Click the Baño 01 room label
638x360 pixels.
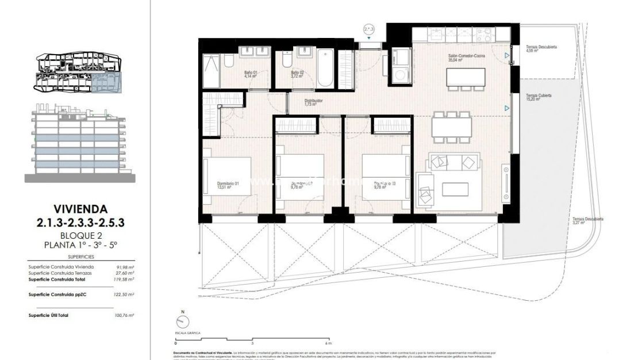click(x=250, y=73)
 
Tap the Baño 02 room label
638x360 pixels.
click(x=296, y=73)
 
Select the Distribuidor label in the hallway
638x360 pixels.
click(x=313, y=102)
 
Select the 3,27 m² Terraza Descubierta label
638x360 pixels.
click(x=587, y=222)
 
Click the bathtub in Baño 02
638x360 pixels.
click(x=325, y=69)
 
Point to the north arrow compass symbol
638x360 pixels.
click(x=183, y=321)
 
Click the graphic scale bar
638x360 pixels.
click(x=253, y=339)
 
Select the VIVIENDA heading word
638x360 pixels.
click(x=81, y=209)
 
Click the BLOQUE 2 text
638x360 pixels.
click(x=81, y=235)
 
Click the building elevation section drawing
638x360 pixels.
click(x=81, y=141)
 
